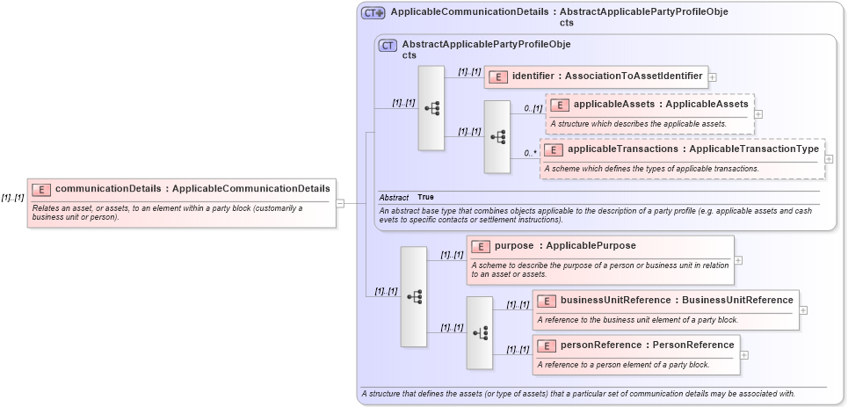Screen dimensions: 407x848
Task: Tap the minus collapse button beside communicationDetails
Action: pyautogui.click(x=340, y=202)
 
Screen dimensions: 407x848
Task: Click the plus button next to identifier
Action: pyautogui.click(x=712, y=76)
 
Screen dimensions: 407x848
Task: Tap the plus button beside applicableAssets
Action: pyautogui.click(x=758, y=113)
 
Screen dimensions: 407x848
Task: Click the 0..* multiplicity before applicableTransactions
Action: pyautogui.click(x=530, y=153)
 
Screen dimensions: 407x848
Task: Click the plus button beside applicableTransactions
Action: pyautogui.click(x=829, y=158)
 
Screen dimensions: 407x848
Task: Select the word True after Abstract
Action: pyautogui.click(x=425, y=197)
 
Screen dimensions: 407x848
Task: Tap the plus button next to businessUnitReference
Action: pyautogui.click(x=803, y=309)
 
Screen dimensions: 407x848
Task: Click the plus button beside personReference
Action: pyautogui.click(x=744, y=354)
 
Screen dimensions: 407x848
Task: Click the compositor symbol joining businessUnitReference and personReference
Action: pyautogui.click(x=480, y=332)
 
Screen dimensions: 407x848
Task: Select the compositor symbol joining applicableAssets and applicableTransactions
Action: pyautogui.click(x=497, y=136)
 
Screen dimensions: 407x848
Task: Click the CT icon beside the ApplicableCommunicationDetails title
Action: pyautogui.click(x=373, y=13)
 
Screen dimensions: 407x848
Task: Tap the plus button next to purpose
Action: pyautogui.click(x=738, y=260)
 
